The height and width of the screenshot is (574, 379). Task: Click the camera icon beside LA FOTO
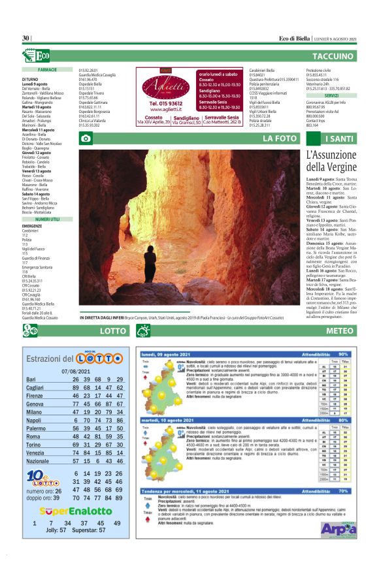[85, 138]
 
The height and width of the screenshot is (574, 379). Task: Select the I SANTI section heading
[340, 138]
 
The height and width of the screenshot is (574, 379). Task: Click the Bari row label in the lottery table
[31, 379]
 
